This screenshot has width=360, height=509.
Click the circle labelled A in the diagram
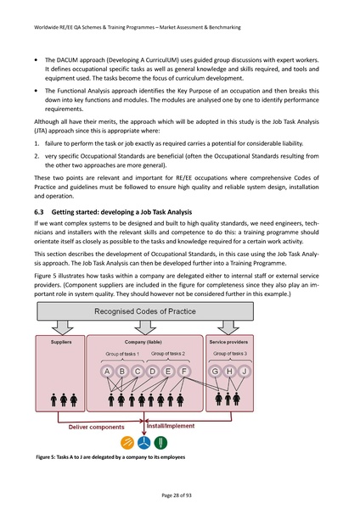click(x=107, y=371)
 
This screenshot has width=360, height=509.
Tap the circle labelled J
click(x=244, y=371)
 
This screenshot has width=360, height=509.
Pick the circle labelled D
click(x=154, y=371)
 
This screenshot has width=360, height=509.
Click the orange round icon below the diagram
click(x=127, y=442)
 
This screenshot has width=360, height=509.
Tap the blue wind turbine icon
click(x=144, y=442)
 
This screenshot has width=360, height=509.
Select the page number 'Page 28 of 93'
click(x=179, y=494)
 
